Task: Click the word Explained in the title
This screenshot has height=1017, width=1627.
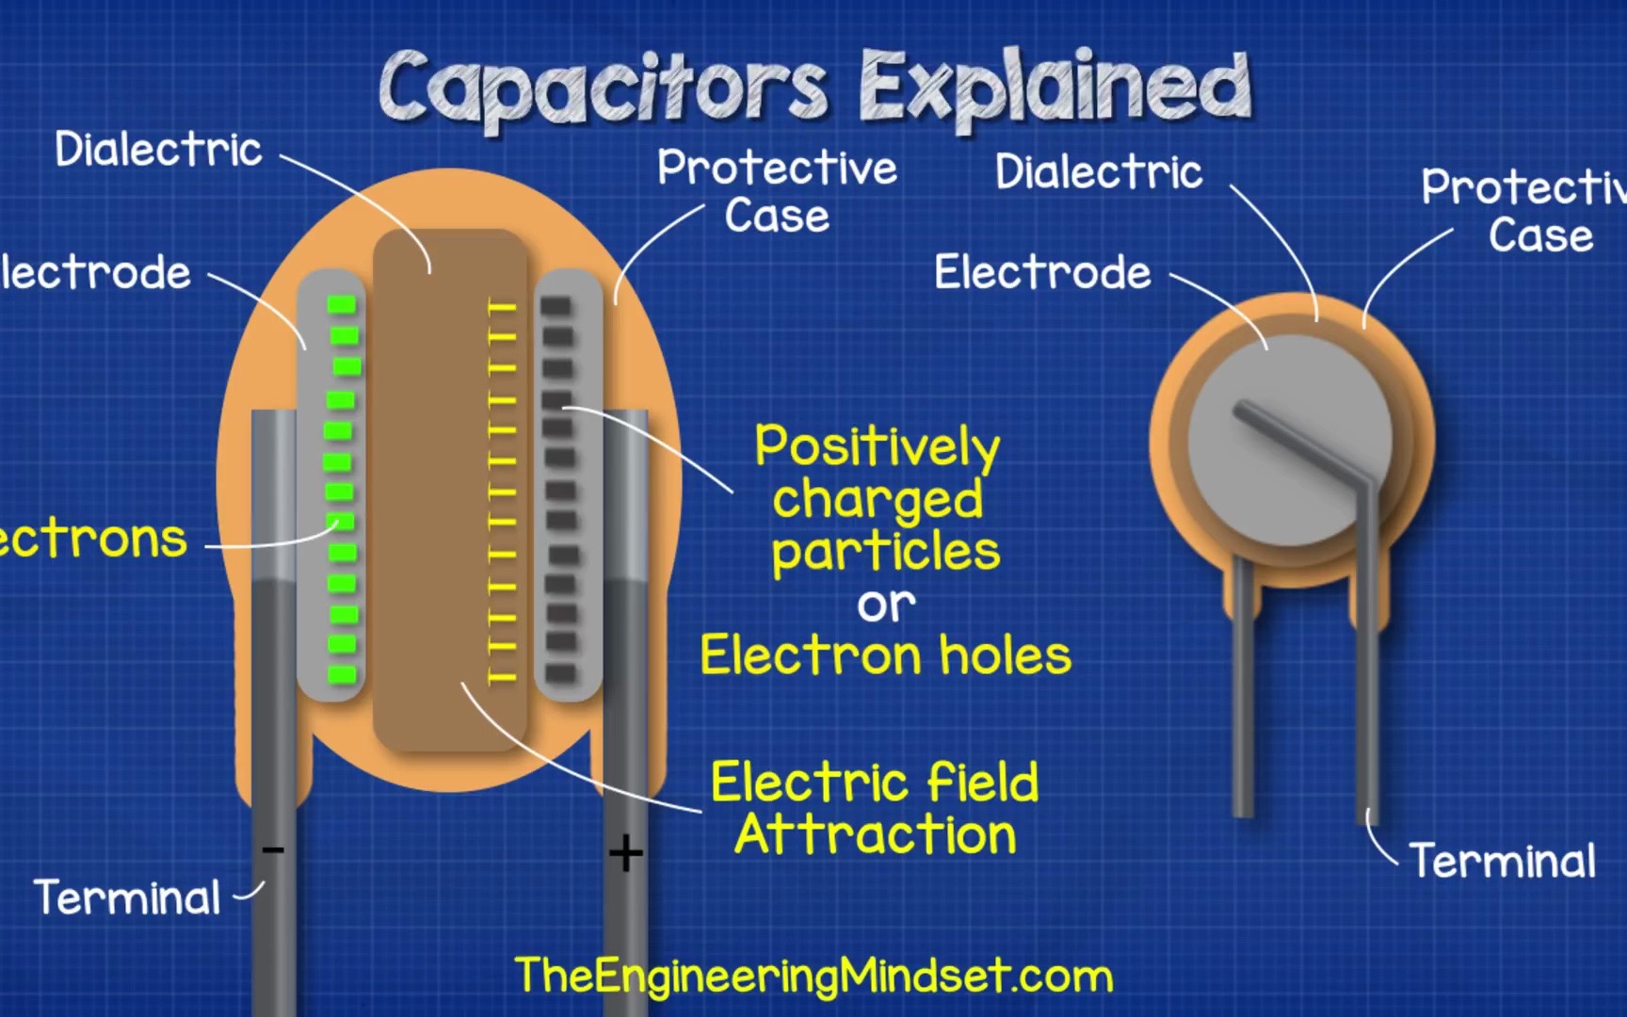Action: coord(1055,87)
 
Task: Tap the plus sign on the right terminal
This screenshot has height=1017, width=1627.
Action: coord(625,854)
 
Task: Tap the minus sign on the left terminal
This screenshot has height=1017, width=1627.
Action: coord(273,850)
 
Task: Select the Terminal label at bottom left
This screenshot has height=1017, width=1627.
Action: coord(127,897)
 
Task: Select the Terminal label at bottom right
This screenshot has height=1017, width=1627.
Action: coord(1502,861)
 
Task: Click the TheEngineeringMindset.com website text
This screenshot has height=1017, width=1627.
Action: coord(813,976)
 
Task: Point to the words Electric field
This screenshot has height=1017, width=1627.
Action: coord(875,783)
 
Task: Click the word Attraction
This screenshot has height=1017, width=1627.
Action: coord(876,835)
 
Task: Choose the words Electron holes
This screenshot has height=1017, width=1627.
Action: coord(885,655)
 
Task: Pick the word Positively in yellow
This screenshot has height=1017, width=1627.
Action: coord(877,446)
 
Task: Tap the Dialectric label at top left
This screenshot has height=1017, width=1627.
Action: coord(158,150)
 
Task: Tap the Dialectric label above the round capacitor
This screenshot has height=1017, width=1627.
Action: coord(1099,172)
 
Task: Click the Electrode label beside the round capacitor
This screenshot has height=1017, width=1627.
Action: coord(1042,273)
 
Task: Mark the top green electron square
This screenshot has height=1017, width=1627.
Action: coord(342,304)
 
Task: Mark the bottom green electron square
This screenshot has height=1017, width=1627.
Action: coord(342,674)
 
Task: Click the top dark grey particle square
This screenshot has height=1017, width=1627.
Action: coord(556,306)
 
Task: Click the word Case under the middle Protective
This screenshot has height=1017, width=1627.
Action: coord(777,216)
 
